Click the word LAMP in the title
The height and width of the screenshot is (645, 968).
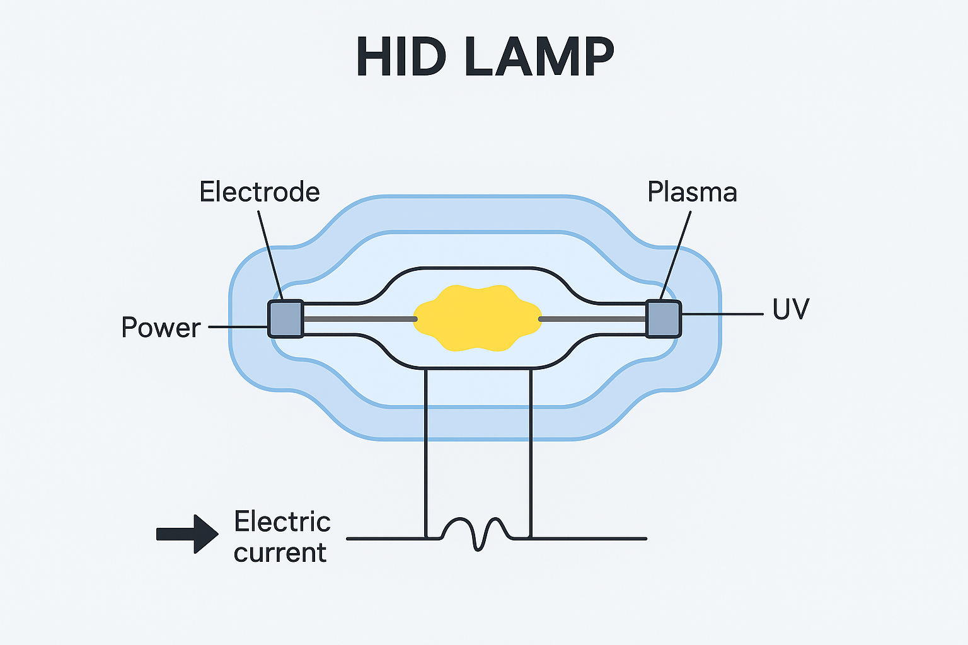539,57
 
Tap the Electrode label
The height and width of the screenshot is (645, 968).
260,191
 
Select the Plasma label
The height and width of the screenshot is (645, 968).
692,191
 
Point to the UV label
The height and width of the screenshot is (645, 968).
790,309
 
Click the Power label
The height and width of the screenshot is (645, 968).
161,328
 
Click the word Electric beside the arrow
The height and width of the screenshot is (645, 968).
282,522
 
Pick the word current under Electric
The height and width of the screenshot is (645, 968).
280,552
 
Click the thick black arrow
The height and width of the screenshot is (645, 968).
187,534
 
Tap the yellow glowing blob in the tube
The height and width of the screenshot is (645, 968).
477,318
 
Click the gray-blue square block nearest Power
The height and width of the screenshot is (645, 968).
286,319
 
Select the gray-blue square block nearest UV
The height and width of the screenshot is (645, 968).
664,319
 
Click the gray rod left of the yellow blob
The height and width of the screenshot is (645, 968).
359,319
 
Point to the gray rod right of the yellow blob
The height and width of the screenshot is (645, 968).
592,319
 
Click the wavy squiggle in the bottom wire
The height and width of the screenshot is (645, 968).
477,534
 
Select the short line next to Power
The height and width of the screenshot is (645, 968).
237,327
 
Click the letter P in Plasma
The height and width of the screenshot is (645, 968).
655,191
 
